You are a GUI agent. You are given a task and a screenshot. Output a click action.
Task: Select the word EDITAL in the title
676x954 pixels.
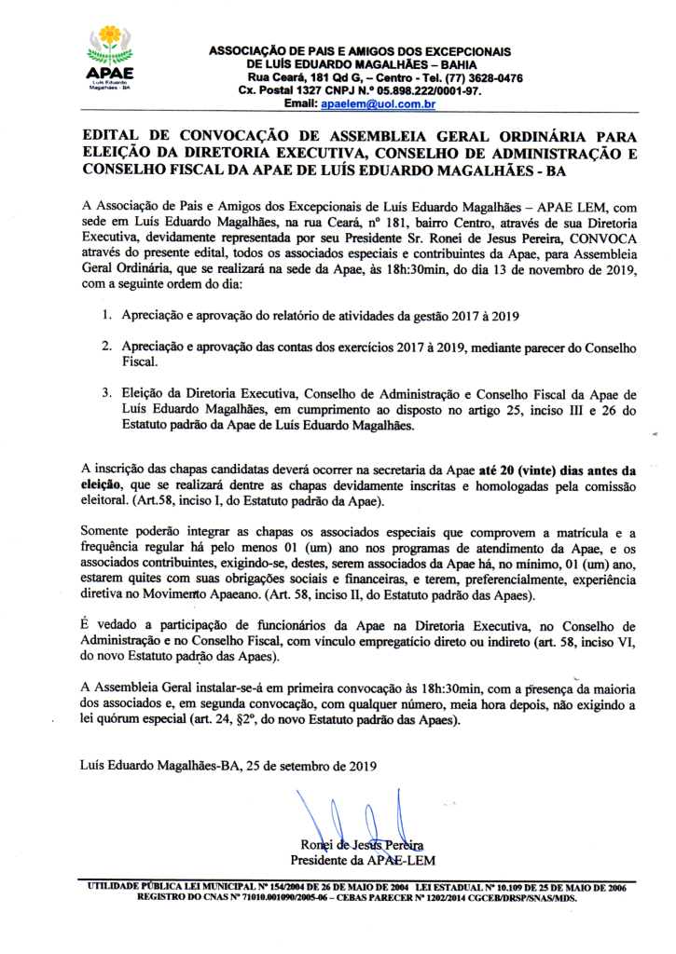pos(110,136)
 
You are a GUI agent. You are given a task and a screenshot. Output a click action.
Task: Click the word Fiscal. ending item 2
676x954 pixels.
pos(141,362)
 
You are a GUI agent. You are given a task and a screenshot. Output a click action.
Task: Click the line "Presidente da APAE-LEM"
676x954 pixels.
pos(363,859)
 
